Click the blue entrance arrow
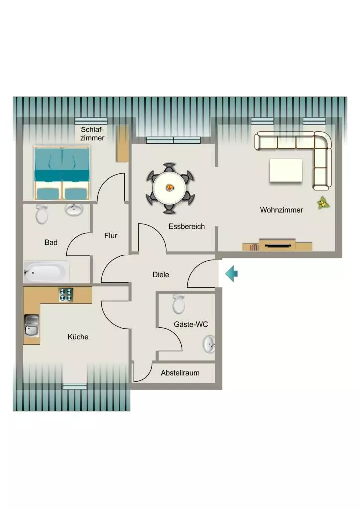(x=231, y=273)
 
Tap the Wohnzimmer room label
(x=281, y=210)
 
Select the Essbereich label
(x=186, y=226)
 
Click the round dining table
(x=169, y=188)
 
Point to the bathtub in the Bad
(x=46, y=272)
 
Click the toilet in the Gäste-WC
(x=179, y=304)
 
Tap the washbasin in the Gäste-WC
(x=209, y=344)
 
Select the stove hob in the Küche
(x=66, y=295)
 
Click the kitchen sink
(x=32, y=325)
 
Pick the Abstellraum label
(x=180, y=373)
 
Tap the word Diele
(x=161, y=275)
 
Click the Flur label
(x=111, y=235)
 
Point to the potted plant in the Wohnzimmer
(x=323, y=203)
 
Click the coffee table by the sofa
(x=286, y=170)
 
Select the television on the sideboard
(x=277, y=245)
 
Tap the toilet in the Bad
(x=42, y=214)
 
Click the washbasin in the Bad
(x=74, y=210)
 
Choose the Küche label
(x=78, y=337)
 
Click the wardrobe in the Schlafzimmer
(x=123, y=143)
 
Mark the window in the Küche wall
(x=75, y=386)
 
